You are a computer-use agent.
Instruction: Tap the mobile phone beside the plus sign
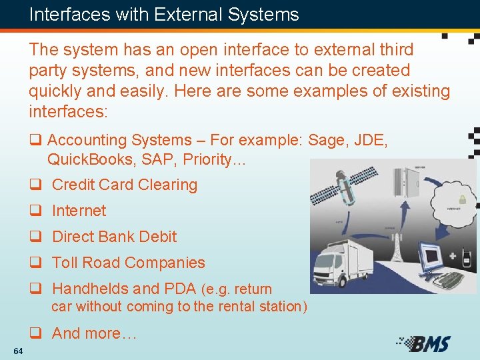coord(467,257)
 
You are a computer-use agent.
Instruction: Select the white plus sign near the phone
coord(453,256)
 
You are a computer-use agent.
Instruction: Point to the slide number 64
coord(17,351)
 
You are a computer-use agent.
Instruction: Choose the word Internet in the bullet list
coord(79,211)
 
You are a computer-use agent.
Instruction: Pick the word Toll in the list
coord(67,263)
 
